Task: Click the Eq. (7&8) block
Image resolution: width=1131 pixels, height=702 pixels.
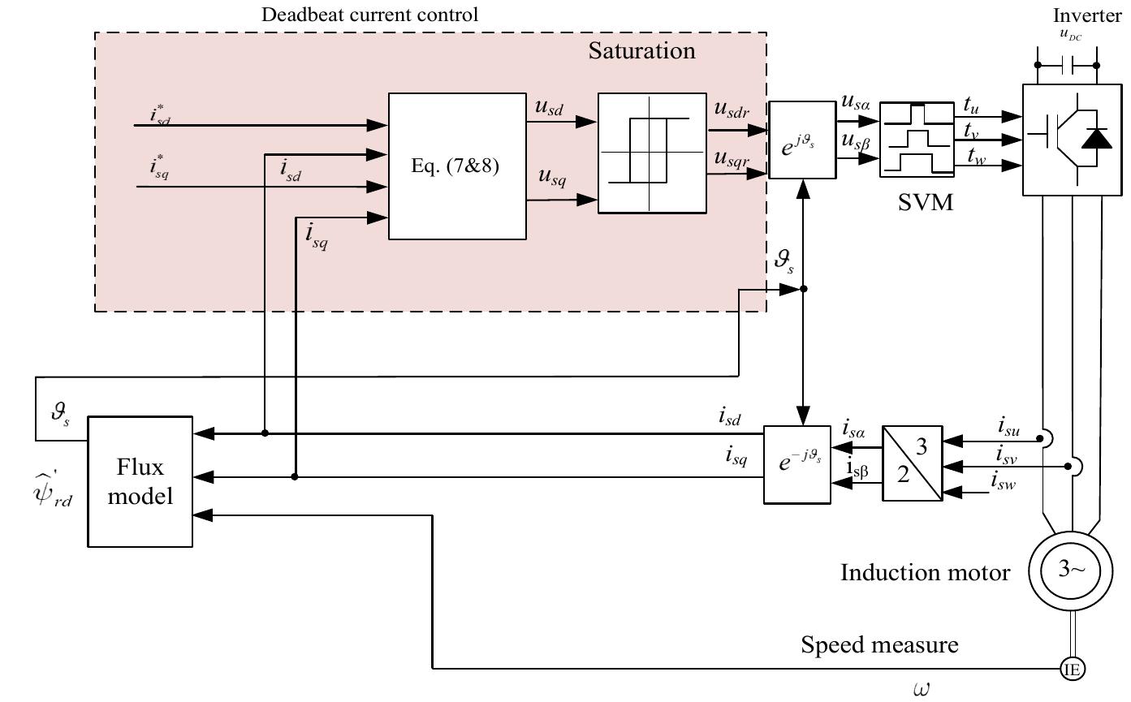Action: click(x=457, y=166)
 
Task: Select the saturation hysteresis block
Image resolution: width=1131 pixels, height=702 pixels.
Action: click(x=651, y=153)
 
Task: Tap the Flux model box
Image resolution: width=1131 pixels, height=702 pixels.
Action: click(x=140, y=481)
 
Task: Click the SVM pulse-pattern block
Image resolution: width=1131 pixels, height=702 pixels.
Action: click(x=917, y=139)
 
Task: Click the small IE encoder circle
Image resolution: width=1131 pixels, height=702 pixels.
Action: click(x=1073, y=669)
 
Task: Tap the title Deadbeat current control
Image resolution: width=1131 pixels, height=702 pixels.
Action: click(x=369, y=15)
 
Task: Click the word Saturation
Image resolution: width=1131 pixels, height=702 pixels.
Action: click(x=641, y=51)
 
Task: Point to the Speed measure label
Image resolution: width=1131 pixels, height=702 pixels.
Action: click(x=879, y=645)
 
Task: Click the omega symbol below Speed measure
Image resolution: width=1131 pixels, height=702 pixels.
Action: click(x=921, y=689)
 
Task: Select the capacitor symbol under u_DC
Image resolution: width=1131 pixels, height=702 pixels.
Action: click(x=1066, y=65)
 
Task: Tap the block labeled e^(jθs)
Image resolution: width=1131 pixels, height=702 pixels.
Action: click(x=801, y=140)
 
